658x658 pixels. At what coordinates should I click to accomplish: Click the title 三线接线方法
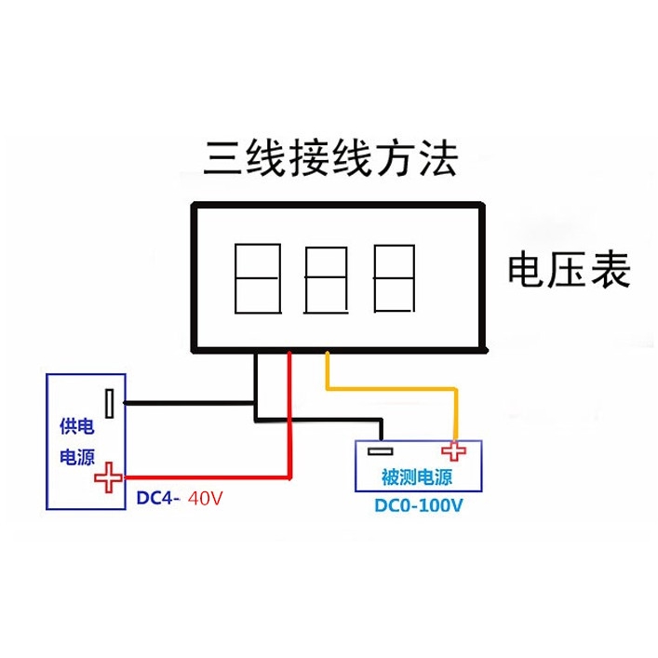pos(331,159)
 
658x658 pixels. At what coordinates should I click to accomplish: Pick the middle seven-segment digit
pos(328,278)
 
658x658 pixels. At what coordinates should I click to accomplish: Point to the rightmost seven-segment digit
pos(396,277)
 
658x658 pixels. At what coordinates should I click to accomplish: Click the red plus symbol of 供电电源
pos(109,477)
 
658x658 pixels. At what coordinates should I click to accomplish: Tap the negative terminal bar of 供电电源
pos(111,403)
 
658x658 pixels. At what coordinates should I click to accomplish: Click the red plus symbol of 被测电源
pos(454,451)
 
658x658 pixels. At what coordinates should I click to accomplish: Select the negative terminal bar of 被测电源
pos(380,452)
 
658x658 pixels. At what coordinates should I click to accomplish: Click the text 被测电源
pos(417,477)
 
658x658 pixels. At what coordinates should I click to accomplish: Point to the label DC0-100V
pos(418,506)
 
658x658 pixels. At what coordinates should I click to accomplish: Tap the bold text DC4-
pos(158,498)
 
